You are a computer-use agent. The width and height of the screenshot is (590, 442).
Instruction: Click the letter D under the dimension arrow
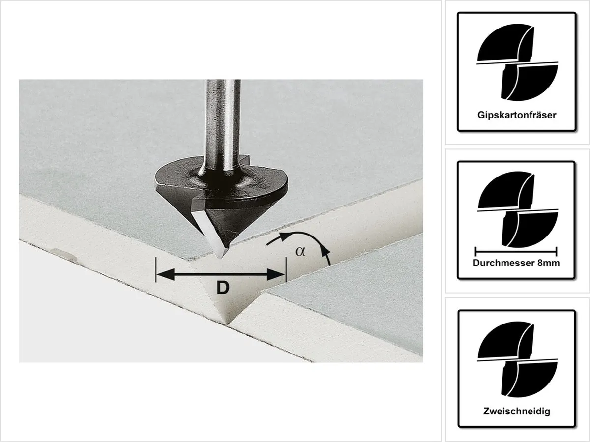[223, 288]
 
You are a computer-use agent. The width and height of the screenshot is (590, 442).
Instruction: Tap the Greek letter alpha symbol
[300, 252]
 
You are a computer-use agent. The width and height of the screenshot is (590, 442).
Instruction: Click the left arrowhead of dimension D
[165, 274]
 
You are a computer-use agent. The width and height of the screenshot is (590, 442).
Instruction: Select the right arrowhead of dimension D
[276, 274]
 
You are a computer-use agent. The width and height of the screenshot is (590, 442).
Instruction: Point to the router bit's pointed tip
[220, 257]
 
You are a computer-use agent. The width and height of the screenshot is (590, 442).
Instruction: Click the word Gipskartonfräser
[517, 115]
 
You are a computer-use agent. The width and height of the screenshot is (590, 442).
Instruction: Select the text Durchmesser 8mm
[516, 263]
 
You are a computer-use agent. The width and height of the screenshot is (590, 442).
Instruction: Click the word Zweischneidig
[517, 411]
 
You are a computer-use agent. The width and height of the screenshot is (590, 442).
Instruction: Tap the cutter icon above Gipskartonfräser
[517, 62]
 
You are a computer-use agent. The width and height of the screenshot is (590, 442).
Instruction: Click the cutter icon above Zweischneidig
[517, 360]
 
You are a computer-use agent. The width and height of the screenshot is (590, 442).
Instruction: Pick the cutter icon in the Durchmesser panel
[517, 209]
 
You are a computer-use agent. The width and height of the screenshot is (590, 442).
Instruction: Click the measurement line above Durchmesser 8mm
[516, 252]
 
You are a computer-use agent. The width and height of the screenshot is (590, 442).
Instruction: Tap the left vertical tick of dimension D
[156, 269]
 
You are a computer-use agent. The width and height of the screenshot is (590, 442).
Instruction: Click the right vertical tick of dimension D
[286, 269]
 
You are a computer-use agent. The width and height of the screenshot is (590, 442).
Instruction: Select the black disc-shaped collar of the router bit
[221, 179]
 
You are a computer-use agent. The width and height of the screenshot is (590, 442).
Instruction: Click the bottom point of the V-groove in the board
[229, 324]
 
